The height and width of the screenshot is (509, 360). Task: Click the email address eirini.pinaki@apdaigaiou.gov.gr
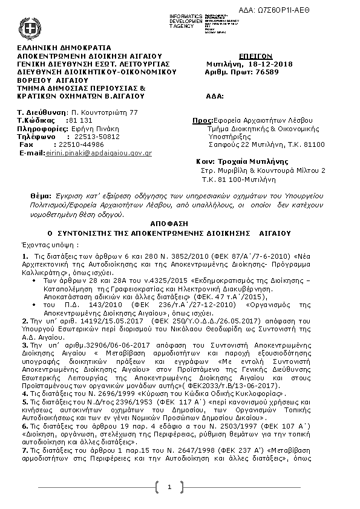[99, 154]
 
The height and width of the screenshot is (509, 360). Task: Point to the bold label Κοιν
[207, 162]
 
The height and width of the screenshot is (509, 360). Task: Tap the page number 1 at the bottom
[169, 487]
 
